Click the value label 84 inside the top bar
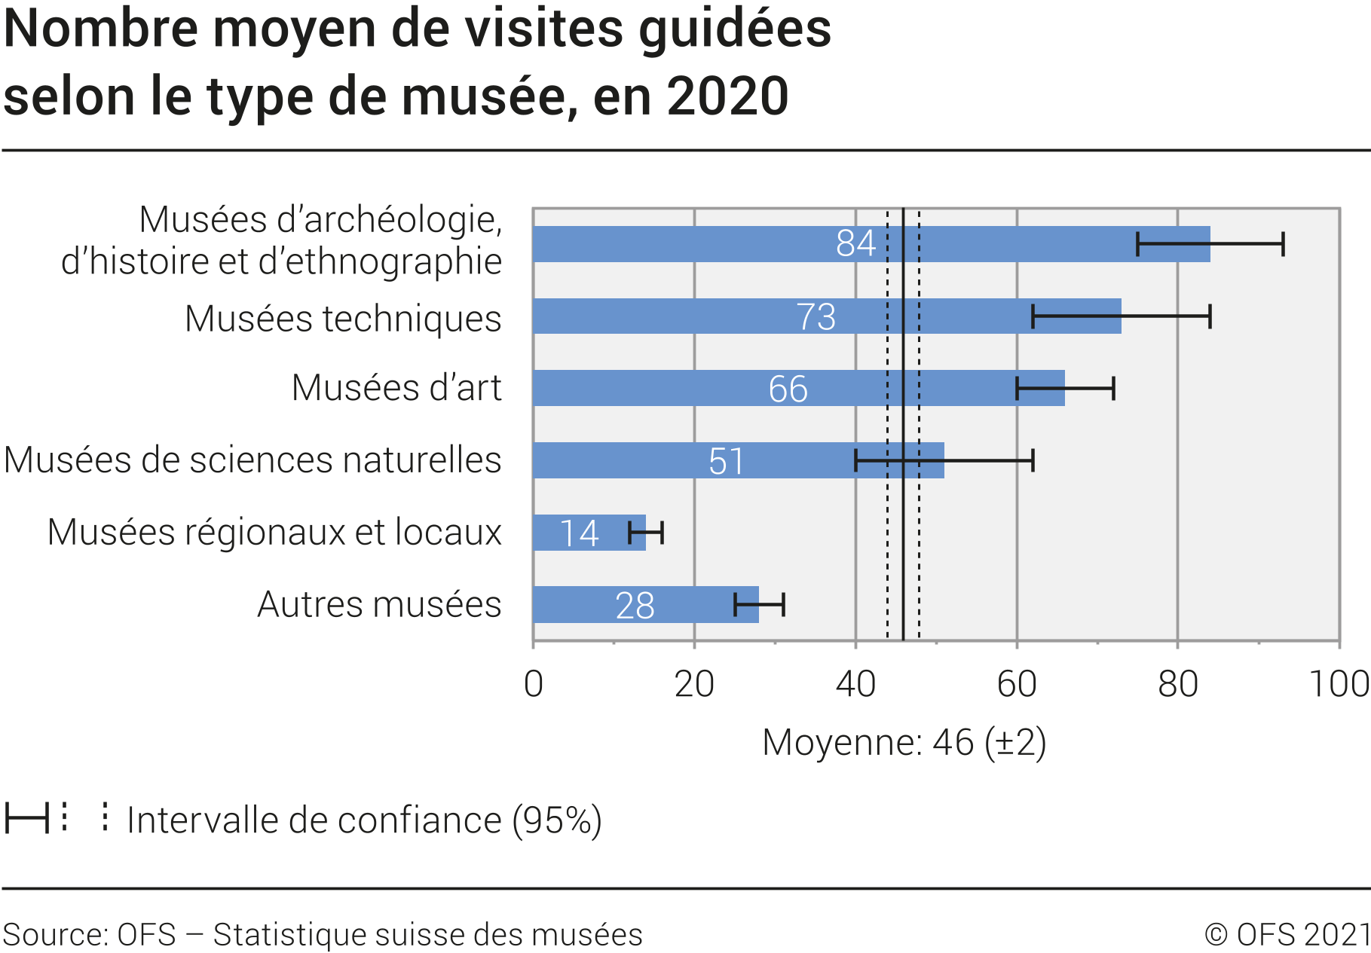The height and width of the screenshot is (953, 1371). pos(855,243)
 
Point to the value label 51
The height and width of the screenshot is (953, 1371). pos(727,461)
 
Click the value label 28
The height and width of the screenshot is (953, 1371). pos(635,606)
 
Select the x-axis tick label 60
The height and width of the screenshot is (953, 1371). pos(1016,684)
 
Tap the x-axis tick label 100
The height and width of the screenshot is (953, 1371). pos(1339,684)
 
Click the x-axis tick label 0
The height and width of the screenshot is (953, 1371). pos(534,684)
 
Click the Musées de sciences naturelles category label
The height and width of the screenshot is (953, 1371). pos(252,460)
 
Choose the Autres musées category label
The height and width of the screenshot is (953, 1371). pos(379,604)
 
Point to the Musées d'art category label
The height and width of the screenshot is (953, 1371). pos(396,388)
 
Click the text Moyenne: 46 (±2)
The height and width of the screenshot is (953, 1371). pos(904,743)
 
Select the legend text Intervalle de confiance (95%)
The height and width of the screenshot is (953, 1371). pos(364,820)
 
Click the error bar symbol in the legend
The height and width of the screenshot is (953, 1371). pos(26,817)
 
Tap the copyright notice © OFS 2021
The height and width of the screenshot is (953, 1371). pos(1287,934)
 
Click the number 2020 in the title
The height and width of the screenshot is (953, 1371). pos(727,96)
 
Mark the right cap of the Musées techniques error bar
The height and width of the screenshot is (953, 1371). pos(1210,316)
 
